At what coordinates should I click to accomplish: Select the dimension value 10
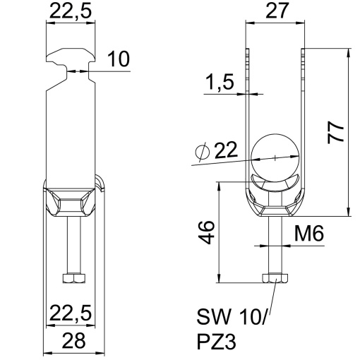click(x=119, y=61)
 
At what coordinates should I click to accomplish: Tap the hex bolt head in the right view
click(x=275, y=280)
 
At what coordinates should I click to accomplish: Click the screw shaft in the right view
click(x=275, y=247)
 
